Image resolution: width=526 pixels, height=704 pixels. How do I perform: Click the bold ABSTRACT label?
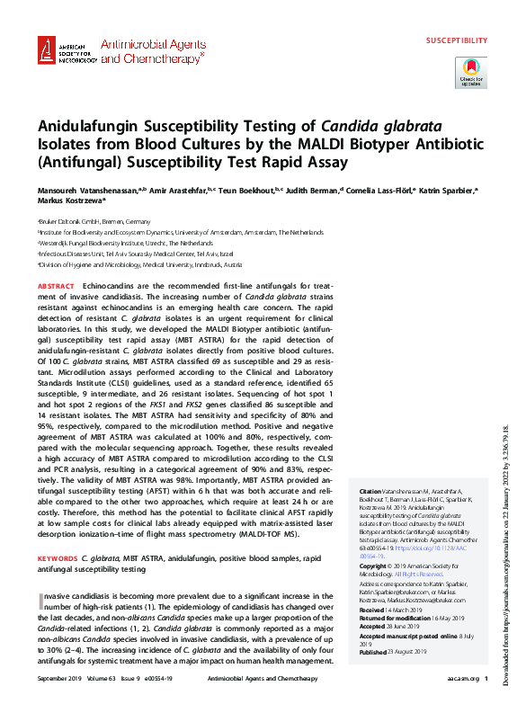pos(58,285)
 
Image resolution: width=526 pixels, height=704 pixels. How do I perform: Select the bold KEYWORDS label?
pos(58,558)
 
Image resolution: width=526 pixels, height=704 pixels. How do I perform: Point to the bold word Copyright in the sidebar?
pos(378,566)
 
